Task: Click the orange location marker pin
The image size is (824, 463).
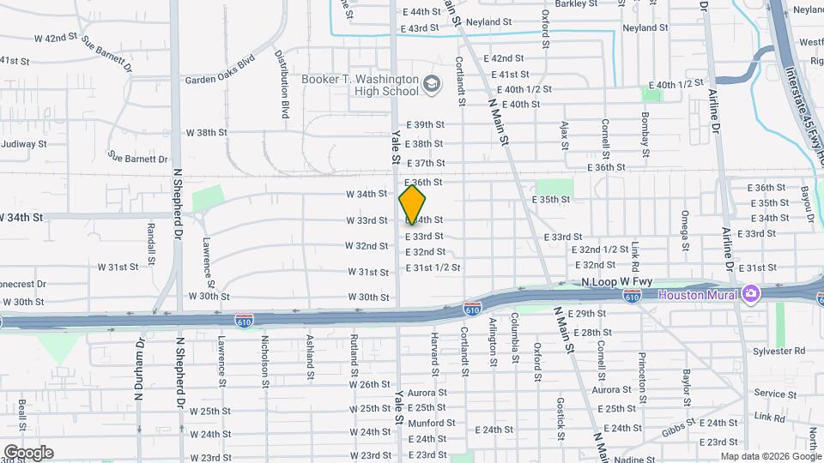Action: coord(413,205)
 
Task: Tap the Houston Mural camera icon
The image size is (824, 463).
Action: coord(751,295)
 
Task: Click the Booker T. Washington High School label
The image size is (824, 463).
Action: coord(360,85)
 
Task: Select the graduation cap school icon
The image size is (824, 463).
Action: coord(431,84)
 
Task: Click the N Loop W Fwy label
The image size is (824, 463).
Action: coord(616,281)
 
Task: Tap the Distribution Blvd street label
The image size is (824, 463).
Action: coord(282,83)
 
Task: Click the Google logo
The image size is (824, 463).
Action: coord(27,453)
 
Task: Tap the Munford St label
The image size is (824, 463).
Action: coord(431,423)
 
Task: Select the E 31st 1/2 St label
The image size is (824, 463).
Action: coord(433,268)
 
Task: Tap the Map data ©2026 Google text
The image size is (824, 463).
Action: coord(770,456)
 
